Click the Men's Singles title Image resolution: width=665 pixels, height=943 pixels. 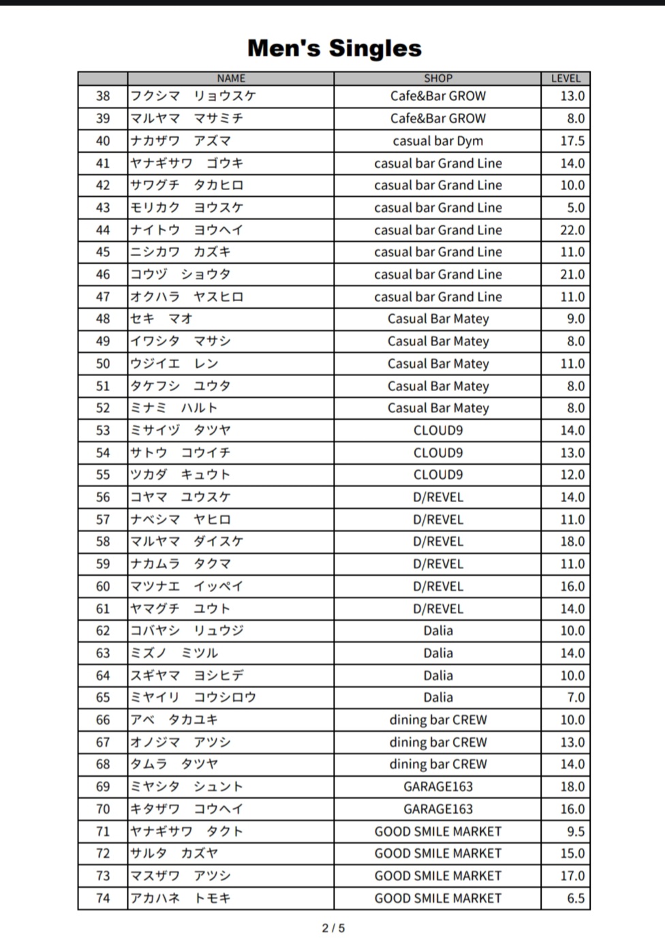click(334, 48)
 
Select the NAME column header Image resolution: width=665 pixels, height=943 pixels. click(231, 78)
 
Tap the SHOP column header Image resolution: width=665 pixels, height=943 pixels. click(437, 78)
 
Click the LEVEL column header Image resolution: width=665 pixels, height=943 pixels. click(566, 78)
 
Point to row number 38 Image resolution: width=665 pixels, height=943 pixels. click(103, 96)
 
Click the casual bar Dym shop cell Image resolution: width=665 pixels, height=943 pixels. click(437, 141)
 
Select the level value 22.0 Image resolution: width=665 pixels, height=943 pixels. click(572, 230)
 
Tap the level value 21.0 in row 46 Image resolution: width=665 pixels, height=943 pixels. click(572, 275)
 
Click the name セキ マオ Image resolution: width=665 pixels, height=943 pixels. click(161, 319)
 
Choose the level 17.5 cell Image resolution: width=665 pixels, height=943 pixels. click(572, 141)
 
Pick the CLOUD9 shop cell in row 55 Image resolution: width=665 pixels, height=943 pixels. click(437, 475)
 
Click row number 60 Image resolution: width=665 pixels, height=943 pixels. click(103, 587)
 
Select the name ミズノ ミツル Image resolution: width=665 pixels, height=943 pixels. click(174, 653)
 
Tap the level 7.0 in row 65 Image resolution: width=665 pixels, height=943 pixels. click(576, 698)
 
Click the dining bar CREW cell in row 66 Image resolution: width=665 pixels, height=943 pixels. click(437, 720)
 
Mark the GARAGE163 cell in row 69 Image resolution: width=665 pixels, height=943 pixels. click(437, 787)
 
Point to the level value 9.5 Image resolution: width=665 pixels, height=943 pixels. click(576, 832)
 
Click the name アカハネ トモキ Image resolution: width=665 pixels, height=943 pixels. click(181, 899)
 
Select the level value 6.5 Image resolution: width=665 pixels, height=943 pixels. click(576, 899)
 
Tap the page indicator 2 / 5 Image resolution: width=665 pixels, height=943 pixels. click(333, 928)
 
